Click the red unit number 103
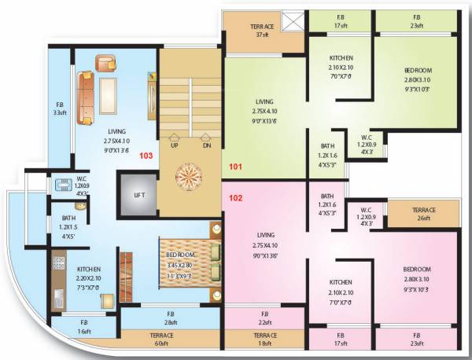pos(146,155)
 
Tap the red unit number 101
pos(236,167)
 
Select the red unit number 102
pos(236,198)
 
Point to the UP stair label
pos(174,145)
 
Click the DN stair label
pos(206,145)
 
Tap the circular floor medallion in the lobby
pos(189,174)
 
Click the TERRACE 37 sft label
pos(263,31)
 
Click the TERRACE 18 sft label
pos(265,340)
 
